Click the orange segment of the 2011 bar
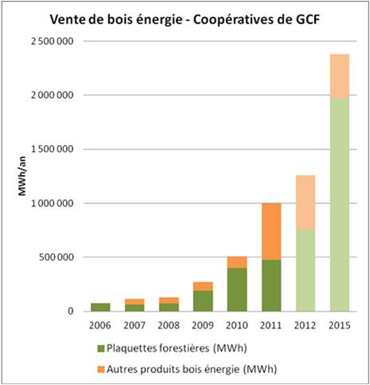point(271,231)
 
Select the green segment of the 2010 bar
point(237,289)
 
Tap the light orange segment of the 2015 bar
point(340,77)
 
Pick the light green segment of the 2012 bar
point(305,270)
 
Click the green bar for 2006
point(100,307)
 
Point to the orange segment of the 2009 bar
point(203,286)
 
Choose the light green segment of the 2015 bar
point(340,205)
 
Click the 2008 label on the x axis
point(168,325)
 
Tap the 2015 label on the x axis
point(340,325)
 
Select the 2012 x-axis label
point(305,325)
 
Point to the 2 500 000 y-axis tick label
point(53,41)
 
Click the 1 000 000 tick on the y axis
point(53,203)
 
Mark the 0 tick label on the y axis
point(71,311)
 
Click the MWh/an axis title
point(22,175)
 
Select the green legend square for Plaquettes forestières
point(100,348)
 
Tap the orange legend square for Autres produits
point(100,369)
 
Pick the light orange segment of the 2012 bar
point(305,202)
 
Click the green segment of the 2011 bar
point(271,285)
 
